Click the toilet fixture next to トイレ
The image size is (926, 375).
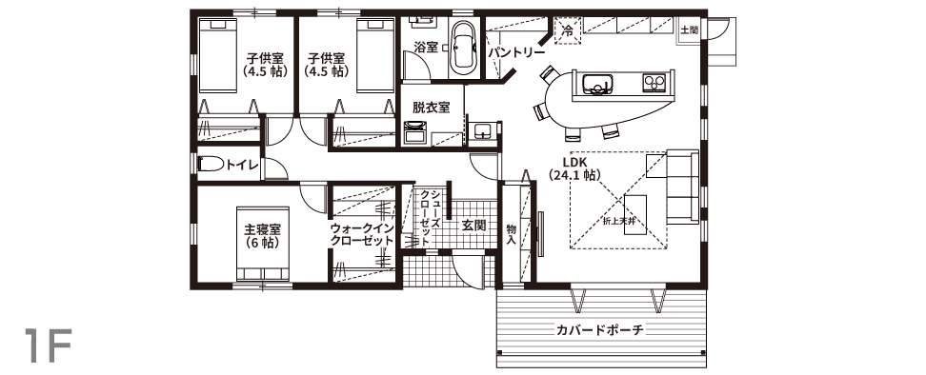point(211,164)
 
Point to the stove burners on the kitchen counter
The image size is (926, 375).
point(654,83)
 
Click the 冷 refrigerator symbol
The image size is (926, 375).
point(568,30)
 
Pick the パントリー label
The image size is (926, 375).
point(516,53)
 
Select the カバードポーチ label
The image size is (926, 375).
point(599,329)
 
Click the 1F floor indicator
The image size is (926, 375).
point(49,345)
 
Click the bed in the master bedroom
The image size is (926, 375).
point(263,243)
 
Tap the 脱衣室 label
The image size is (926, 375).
point(432,108)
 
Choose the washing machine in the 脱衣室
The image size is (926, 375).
point(415,132)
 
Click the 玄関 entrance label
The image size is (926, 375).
point(473,226)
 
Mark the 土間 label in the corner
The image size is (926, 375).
point(689,29)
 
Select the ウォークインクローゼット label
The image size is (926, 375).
point(362,233)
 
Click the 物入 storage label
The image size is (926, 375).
point(512,233)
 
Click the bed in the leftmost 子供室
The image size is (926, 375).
point(217,55)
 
